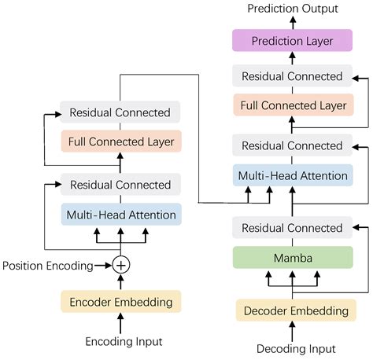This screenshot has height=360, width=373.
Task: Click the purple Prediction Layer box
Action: [x=292, y=41]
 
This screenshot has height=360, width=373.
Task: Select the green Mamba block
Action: [x=292, y=259]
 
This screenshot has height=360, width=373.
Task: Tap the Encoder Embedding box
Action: [x=120, y=301]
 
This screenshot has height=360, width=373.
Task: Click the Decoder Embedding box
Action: [x=292, y=310]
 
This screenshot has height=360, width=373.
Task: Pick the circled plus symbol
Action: [x=120, y=265]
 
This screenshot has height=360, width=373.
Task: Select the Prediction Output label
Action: [x=292, y=8]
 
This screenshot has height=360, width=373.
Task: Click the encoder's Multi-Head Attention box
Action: [x=120, y=213]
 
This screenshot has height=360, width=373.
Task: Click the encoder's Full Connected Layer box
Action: [x=120, y=141]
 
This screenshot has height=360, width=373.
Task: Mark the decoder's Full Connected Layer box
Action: [x=292, y=105]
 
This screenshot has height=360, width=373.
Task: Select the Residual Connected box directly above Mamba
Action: [x=292, y=228]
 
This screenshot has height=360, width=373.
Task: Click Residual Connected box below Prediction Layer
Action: [x=292, y=76]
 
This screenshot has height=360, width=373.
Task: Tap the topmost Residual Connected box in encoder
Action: [x=120, y=112]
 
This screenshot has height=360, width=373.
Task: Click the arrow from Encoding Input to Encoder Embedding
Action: [x=120, y=322]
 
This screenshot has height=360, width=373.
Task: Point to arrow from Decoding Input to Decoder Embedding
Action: [x=292, y=331]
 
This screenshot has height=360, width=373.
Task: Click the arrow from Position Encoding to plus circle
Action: [x=103, y=265]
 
